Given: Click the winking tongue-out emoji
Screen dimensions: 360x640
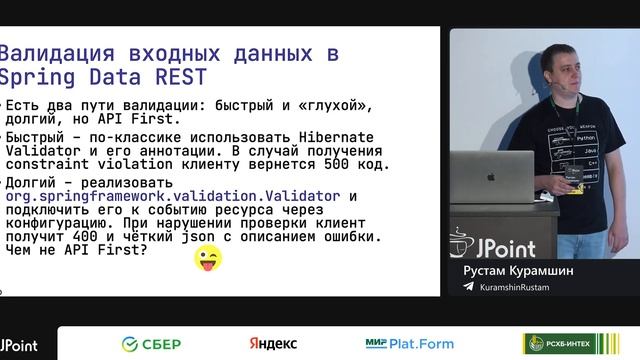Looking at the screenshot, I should (207, 258).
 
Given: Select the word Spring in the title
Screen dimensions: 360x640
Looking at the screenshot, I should (35, 78).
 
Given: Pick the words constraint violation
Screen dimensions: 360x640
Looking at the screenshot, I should (79, 164).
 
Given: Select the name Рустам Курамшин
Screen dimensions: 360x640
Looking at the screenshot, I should (522, 269).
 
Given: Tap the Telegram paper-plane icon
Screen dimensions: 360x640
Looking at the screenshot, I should (469, 287).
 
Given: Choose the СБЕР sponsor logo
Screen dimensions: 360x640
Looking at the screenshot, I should (151, 344).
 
